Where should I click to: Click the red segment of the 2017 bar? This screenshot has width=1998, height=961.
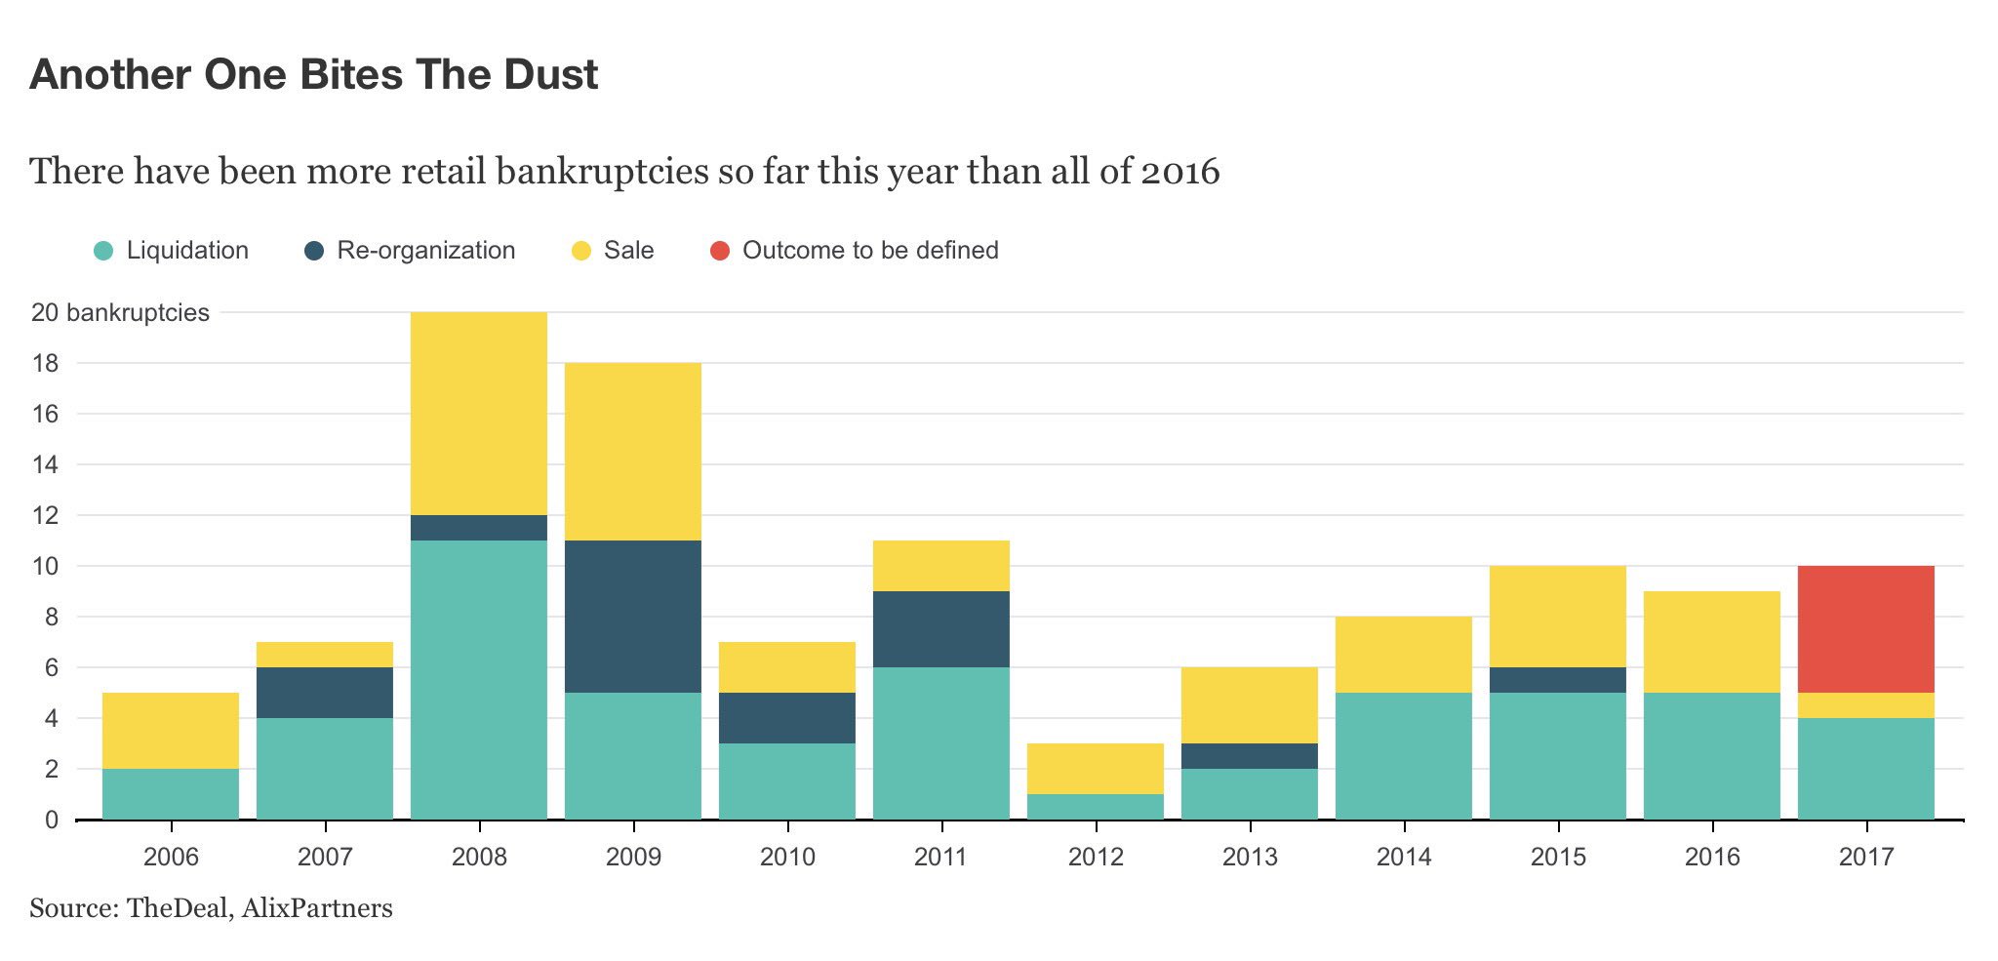point(1865,629)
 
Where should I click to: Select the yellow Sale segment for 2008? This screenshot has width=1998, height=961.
point(478,413)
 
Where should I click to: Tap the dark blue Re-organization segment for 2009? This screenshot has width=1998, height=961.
point(632,617)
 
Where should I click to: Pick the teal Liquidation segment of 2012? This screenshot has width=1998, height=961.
point(1095,807)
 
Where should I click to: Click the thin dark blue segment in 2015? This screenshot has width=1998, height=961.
point(1557,680)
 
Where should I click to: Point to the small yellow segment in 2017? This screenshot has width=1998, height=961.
point(1865,705)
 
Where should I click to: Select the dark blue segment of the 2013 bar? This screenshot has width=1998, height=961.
point(1249,756)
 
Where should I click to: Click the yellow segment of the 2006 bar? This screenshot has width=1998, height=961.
point(170,731)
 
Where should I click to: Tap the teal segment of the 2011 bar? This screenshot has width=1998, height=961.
point(940,743)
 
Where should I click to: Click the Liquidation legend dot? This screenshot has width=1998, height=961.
point(103,251)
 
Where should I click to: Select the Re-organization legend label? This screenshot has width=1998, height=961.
point(425,251)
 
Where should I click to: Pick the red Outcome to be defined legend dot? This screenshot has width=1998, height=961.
point(720,251)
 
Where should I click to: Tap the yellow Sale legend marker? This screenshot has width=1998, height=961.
point(580,251)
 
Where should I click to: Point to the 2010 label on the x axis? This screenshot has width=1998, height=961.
point(786,858)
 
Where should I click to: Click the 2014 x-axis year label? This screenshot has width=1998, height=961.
point(1403,858)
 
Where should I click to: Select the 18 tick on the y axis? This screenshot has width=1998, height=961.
point(45,364)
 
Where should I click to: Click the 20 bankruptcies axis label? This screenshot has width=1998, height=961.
point(120,313)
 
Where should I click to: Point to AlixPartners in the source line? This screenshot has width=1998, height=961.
point(317,908)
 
